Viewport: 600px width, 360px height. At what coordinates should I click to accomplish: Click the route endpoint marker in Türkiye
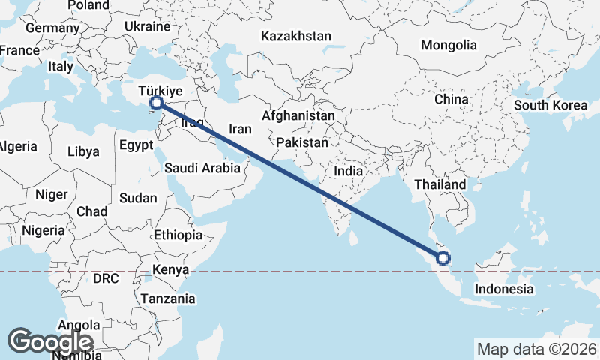pyautogui.click(x=156, y=103)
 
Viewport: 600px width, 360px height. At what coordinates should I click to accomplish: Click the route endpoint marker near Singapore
pyautogui.click(x=443, y=258)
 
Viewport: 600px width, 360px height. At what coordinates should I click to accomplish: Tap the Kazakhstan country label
pyautogui.click(x=295, y=36)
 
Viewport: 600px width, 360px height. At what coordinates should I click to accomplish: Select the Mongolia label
pyautogui.click(x=448, y=46)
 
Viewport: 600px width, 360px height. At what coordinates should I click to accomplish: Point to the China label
pyautogui.click(x=451, y=99)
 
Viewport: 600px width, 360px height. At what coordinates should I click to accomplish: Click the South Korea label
pyautogui.click(x=550, y=105)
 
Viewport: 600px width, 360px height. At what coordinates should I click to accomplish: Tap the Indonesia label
pyautogui.click(x=505, y=289)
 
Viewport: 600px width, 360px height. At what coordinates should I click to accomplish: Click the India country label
pyautogui.click(x=348, y=171)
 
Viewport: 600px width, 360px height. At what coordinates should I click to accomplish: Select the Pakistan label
pyautogui.click(x=302, y=142)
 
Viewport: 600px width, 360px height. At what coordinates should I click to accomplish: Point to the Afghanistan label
pyautogui.click(x=298, y=116)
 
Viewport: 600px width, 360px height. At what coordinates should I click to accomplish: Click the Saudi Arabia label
pyautogui.click(x=202, y=169)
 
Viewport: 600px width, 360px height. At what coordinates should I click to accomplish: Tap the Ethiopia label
pyautogui.click(x=178, y=235)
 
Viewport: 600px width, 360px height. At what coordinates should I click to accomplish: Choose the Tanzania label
pyautogui.click(x=168, y=298)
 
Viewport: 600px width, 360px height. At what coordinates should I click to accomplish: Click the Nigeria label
pyautogui.click(x=43, y=230)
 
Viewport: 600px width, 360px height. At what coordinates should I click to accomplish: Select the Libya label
pyautogui.click(x=82, y=151)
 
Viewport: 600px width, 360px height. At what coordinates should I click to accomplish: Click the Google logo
pyautogui.click(x=50, y=342)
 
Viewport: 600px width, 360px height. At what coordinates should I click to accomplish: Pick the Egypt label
pyautogui.click(x=136, y=145)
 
